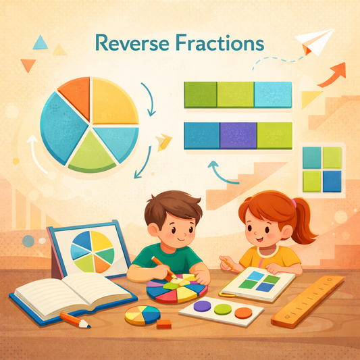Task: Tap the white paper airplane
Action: click(x=316, y=41)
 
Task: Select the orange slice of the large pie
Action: click(x=75, y=97)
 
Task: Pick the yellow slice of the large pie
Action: click(x=114, y=101)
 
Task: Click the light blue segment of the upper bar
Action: click(x=273, y=95)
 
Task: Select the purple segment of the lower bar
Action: click(x=238, y=135)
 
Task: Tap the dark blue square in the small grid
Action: click(x=332, y=180)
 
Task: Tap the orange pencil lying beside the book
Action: click(x=75, y=319)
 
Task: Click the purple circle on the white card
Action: click(x=201, y=307)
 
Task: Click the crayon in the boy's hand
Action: click(x=159, y=265)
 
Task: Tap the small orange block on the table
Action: click(x=163, y=324)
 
